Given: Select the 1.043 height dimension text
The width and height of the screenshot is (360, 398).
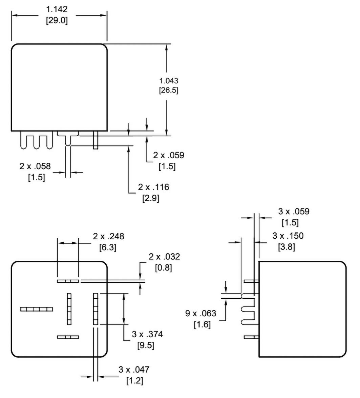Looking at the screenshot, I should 169,81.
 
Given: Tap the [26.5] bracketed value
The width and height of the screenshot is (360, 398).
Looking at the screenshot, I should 169,91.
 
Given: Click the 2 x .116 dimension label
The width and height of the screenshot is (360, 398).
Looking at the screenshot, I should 153,187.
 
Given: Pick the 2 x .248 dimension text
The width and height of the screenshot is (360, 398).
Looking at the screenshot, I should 108,236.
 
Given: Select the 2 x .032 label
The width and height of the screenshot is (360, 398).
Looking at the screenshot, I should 164,257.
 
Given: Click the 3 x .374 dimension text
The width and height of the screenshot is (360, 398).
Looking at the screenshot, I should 147,334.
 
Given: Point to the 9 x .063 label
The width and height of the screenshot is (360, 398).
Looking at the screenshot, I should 200,314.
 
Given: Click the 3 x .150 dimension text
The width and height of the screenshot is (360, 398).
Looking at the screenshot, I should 288,236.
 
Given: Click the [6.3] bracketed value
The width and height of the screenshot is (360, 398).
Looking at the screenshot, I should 108,247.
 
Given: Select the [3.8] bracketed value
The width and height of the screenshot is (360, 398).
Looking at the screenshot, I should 287,247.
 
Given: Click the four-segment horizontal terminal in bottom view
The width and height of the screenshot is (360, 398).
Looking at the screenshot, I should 37,309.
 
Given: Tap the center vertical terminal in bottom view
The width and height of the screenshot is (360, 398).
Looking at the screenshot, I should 69,309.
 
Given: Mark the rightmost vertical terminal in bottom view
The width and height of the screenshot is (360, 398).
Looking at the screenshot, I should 96,309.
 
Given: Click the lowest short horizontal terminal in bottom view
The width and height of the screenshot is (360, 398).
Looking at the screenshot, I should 68,337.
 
